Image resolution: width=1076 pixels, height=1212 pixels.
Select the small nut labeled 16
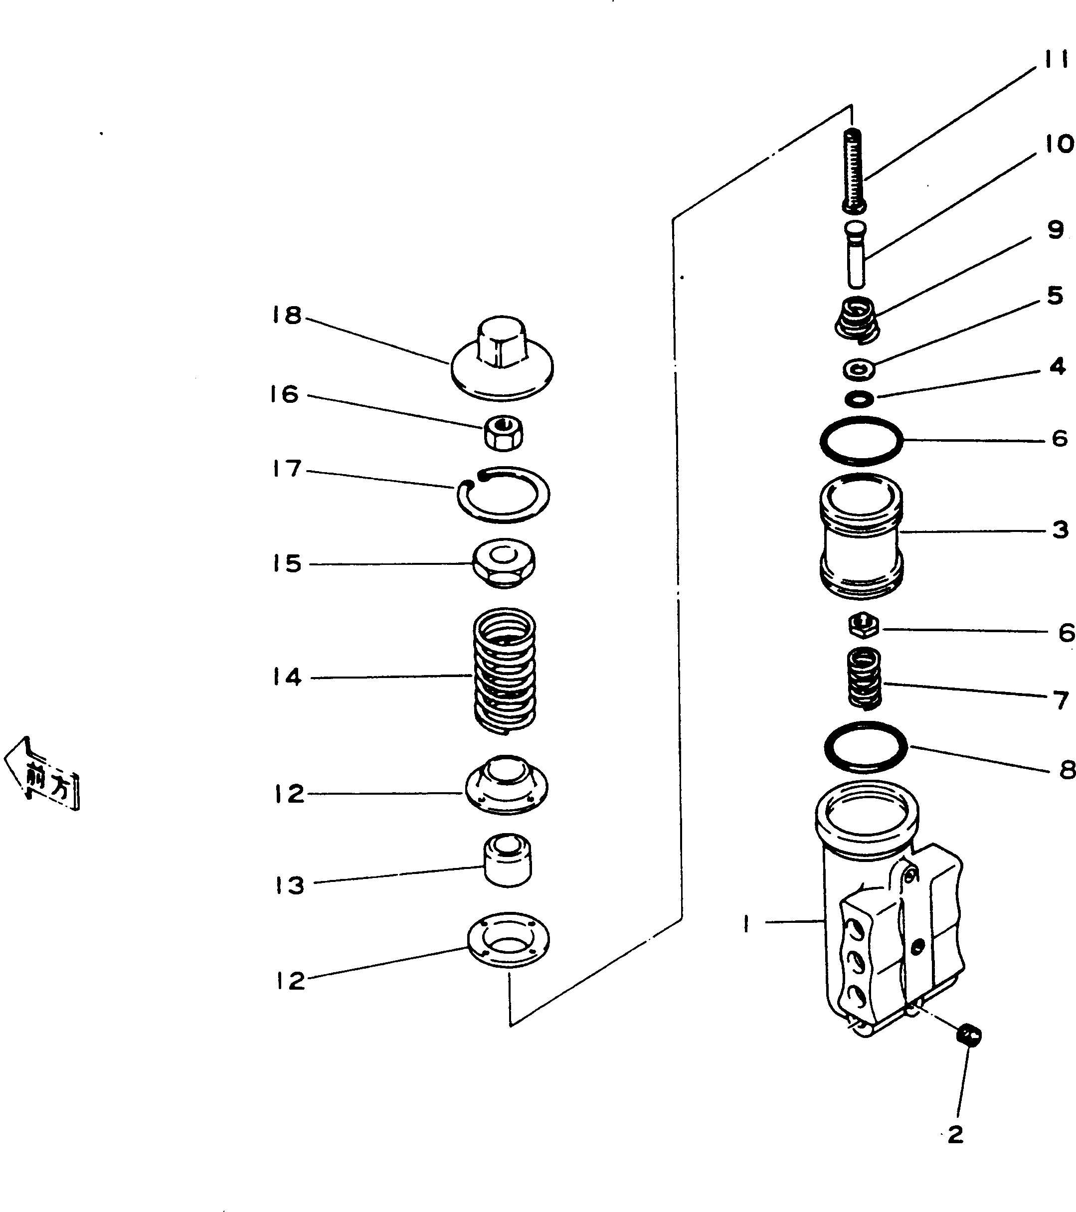pos(504,432)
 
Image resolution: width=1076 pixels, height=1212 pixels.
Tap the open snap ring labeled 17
pos(503,495)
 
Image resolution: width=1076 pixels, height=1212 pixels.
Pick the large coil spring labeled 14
pos(505,671)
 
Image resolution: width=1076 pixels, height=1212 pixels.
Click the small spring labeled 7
pos(864,678)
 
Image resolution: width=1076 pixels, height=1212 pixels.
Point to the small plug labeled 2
pos(969,1036)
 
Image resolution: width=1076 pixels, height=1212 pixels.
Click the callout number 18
pos(287,316)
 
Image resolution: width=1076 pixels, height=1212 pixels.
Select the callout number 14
pos(287,677)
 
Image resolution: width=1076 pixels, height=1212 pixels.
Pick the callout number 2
pos(955,1134)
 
